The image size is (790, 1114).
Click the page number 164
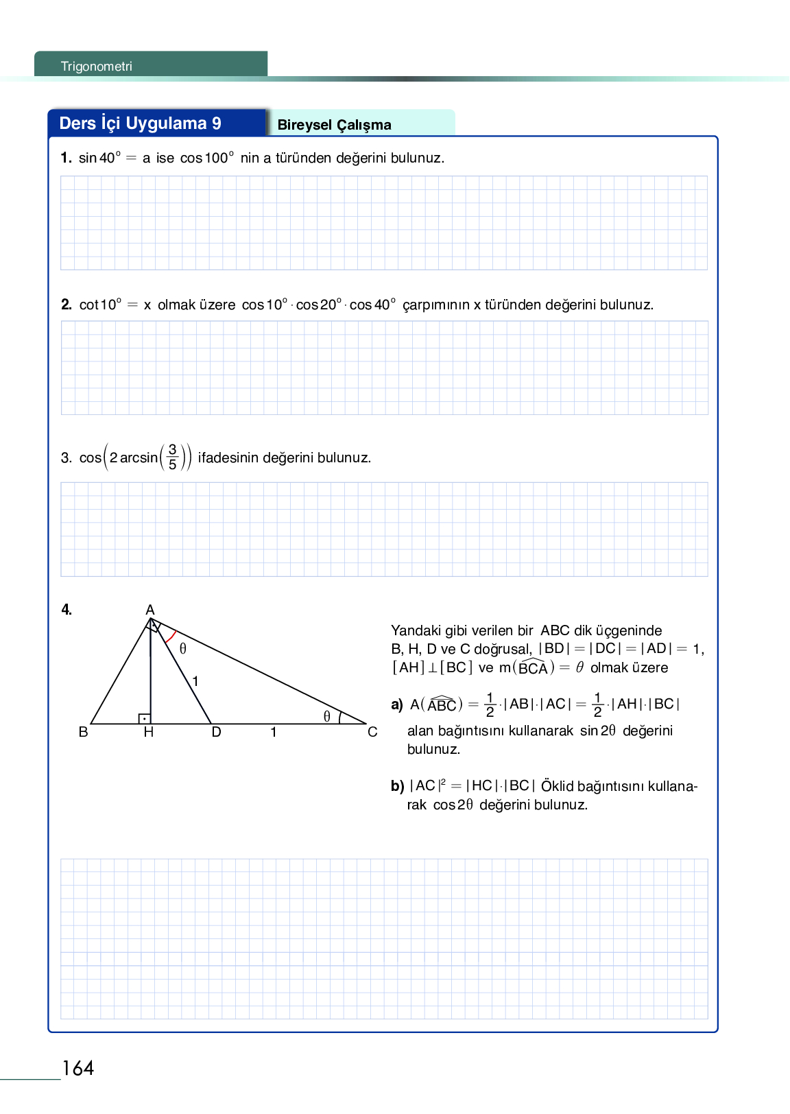78,1068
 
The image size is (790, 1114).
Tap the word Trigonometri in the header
96,67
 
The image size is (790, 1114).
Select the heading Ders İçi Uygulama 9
140,123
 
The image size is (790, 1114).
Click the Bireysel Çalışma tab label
334,125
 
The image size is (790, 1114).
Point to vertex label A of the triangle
150,610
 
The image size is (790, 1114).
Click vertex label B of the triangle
84,732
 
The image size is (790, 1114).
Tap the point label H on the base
149,733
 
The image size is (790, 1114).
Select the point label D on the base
216,733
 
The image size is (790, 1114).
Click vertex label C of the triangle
372,732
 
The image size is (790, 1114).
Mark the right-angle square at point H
145,719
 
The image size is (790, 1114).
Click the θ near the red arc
183,648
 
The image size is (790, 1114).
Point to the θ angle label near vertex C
327,716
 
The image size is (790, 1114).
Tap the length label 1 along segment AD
195,681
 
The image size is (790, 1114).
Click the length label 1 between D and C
274,733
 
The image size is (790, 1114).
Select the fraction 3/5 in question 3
172,457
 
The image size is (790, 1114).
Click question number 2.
66,305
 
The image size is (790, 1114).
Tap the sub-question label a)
396,704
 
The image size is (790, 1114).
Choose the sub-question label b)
397,786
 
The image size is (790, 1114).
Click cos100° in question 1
206,158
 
